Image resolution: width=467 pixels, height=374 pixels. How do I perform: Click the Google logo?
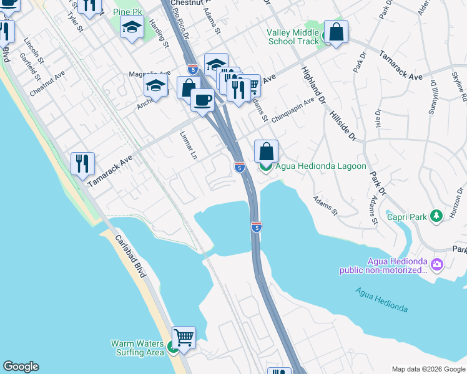point(21,367)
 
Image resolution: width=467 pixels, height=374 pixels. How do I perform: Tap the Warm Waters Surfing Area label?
point(137,348)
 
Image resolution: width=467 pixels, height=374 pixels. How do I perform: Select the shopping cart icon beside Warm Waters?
point(184,338)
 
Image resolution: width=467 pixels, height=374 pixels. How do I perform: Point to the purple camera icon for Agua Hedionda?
point(437,265)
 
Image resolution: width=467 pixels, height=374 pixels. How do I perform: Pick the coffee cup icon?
point(202,100)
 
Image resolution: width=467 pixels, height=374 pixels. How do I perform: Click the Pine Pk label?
point(129,12)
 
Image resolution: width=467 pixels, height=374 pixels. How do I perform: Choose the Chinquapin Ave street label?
point(292,111)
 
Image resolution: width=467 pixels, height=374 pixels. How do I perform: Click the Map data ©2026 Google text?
point(428,369)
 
